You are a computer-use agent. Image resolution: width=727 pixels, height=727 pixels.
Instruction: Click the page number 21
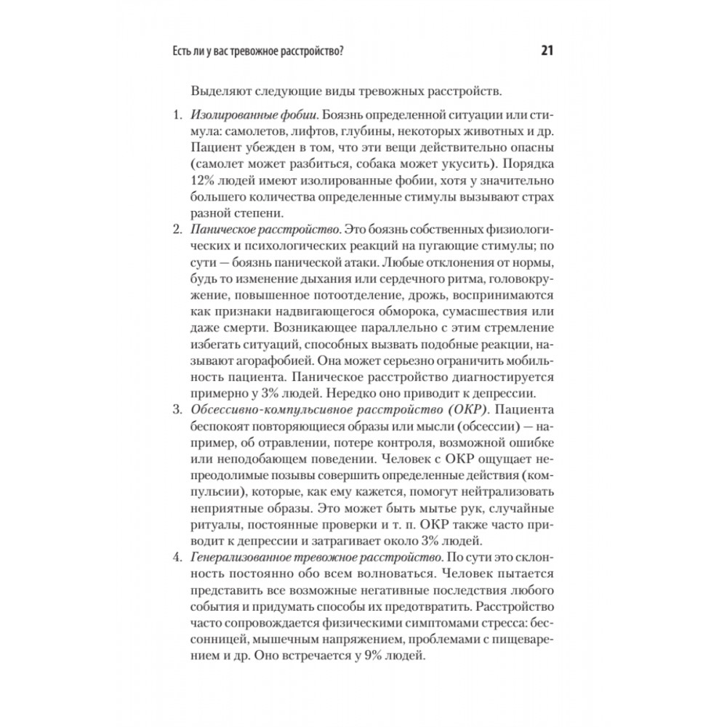coord(547,51)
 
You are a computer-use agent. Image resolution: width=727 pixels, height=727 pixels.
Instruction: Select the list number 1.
coord(175,116)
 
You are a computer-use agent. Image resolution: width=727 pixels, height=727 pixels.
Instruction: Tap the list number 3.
coord(175,412)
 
